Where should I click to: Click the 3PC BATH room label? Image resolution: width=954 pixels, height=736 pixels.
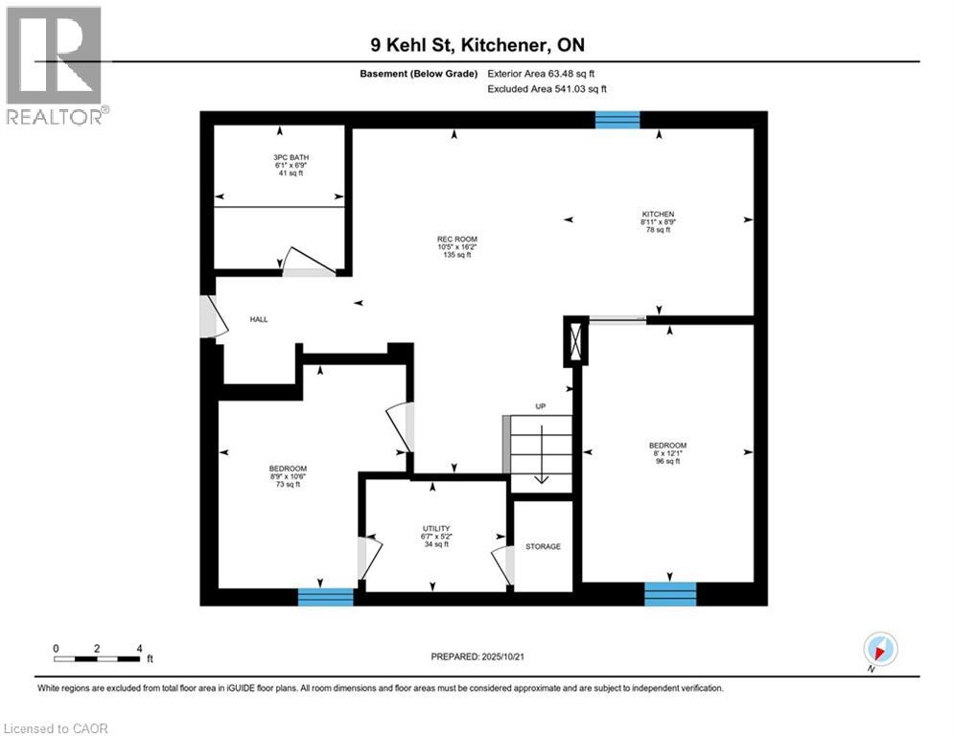(291, 157)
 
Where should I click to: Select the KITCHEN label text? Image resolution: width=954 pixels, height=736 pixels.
(659, 214)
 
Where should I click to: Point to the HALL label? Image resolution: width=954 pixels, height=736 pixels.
(259, 319)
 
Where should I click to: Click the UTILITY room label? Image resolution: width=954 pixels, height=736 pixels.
(436, 528)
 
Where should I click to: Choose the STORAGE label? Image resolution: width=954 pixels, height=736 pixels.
(543, 546)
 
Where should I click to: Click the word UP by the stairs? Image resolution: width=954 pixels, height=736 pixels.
(541, 407)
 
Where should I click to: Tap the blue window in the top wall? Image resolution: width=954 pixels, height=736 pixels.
(617, 120)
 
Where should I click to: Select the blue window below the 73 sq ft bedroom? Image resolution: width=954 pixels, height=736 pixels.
(326, 597)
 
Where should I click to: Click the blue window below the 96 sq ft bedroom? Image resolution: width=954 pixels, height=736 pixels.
(669, 594)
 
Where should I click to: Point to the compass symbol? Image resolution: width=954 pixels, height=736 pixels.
(879, 649)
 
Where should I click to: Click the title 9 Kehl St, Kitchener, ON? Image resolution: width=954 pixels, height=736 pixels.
(477, 45)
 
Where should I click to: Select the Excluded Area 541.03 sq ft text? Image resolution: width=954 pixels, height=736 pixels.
(547, 89)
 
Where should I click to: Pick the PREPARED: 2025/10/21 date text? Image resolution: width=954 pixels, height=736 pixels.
(477, 656)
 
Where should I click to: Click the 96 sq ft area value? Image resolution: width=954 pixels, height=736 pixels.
(667, 462)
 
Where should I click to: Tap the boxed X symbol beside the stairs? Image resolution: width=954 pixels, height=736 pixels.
(575, 342)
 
